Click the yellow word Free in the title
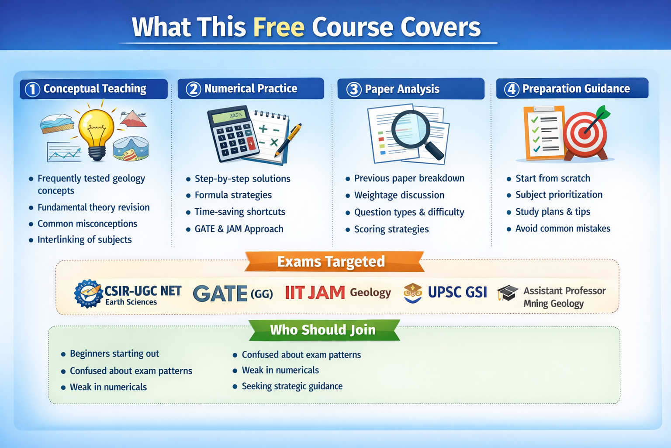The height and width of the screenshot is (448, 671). [279, 27]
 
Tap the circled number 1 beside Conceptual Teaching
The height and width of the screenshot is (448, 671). [32, 89]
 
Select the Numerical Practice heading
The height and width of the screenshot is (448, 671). [250, 89]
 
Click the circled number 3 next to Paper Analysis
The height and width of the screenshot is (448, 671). [354, 89]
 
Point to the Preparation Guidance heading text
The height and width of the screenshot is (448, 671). [576, 89]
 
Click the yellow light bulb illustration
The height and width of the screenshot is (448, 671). [97, 131]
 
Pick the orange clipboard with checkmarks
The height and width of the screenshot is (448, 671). [543, 132]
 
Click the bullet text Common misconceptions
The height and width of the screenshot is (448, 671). [87, 224]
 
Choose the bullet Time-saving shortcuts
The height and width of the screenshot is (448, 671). [239, 212]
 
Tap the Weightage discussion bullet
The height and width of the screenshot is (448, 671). [399, 195]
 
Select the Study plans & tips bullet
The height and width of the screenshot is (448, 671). [553, 212]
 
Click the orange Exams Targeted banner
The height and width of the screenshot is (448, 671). [331, 262]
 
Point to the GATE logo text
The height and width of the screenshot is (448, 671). [220, 294]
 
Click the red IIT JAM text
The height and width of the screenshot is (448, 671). [315, 293]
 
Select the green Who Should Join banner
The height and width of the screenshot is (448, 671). [323, 330]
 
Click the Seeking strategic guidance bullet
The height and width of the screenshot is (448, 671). [292, 386]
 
